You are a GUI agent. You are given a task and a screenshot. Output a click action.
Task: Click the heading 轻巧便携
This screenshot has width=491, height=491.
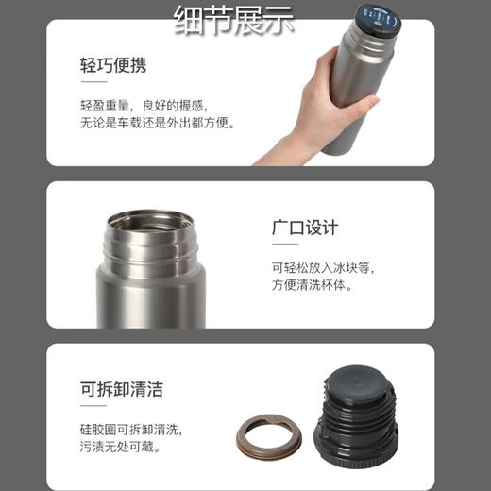pyautogui.click(x=113, y=66)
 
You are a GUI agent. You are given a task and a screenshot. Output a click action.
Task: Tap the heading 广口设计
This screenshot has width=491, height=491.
pyautogui.click(x=304, y=229)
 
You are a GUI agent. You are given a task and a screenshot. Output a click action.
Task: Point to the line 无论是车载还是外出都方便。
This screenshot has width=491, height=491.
pyautogui.click(x=157, y=123)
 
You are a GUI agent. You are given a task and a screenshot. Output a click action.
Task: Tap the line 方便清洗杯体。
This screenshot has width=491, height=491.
pyautogui.click(x=312, y=285)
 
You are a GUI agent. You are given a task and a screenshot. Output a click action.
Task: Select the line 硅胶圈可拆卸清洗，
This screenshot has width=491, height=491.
pyautogui.click(x=130, y=430)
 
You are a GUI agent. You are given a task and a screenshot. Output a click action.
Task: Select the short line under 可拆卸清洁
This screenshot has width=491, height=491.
pyautogui.click(x=90, y=409)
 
